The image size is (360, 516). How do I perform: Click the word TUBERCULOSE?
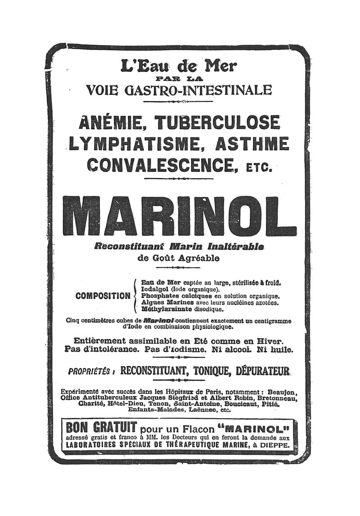(x=217, y=123)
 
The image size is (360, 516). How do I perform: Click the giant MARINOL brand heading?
(x=179, y=216)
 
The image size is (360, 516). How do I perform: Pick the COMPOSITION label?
(x=103, y=296)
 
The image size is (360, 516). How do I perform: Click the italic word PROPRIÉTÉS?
(x=89, y=372)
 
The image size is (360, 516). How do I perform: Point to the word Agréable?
(x=201, y=258)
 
